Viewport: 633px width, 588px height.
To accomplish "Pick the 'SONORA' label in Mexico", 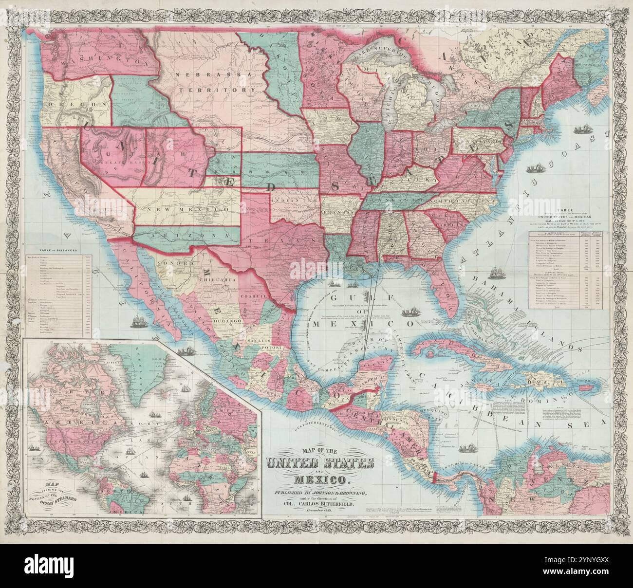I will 171,262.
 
